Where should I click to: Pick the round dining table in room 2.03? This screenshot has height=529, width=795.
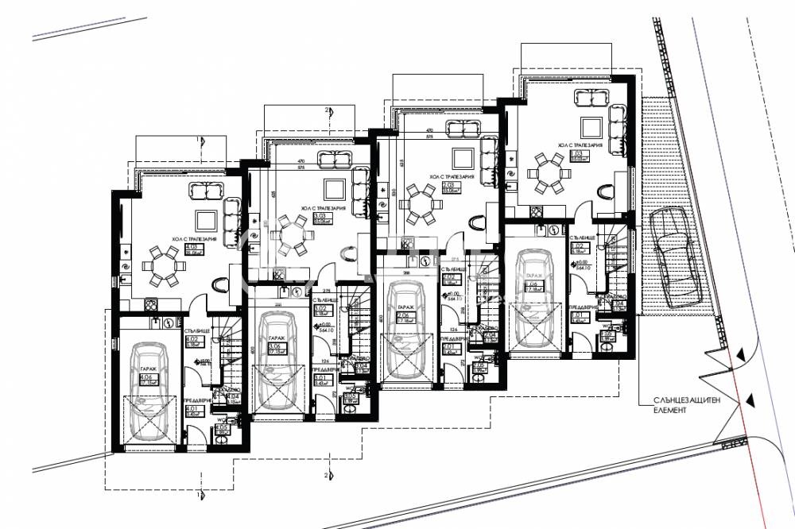click(419, 204)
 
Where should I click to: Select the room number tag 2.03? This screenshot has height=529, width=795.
click(448, 186)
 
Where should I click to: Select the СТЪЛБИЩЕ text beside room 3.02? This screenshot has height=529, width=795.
click(321, 302)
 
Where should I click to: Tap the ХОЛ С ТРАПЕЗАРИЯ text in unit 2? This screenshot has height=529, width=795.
click(451, 177)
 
